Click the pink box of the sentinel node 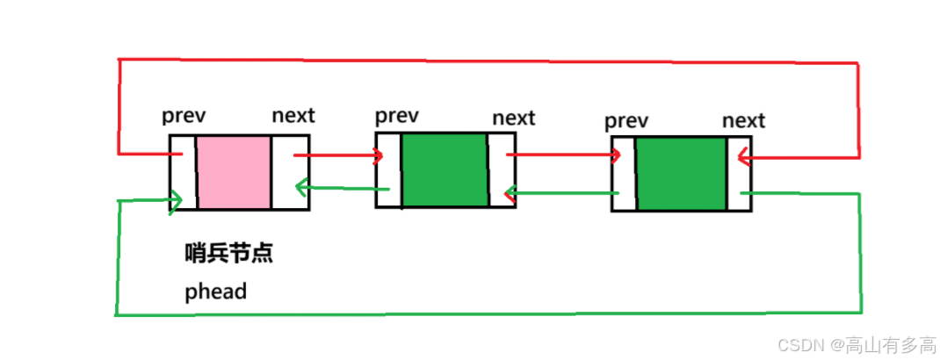pyautogui.click(x=233, y=172)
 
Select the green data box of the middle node pyautogui.click(x=445, y=170)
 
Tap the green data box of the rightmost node pyautogui.click(x=681, y=174)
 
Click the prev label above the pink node pyautogui.click(x=184, y=116)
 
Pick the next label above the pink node pyautogui.click(x=293, y=115)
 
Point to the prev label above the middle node pyautogui.click(x=397, y=116)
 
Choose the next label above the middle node pyautogui.click(x=514, y=118)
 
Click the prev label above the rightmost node pyautogui.click(x=626, y=121)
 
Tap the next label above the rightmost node pyautogui.click(x=743, y=121)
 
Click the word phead pyautogui.click(x=216, y=292)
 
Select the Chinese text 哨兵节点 pyautogui.click(x=229, y=254)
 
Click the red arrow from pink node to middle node pyautogui.click(x=338, y=156)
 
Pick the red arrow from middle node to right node pyautogui.click(x=563, y=155)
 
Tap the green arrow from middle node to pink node pyautogui.click(x=343, y=189)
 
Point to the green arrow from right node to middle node pyautogui.click(x=561, y=193)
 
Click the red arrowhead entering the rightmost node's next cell pyautogui.click(x=743, y=159)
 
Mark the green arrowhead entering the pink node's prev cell pyautogui.click(x=176, y=198)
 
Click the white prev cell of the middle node pyautogui.click(x=389, y=170)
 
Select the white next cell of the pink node pyautogui.click(x=290, y=172)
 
